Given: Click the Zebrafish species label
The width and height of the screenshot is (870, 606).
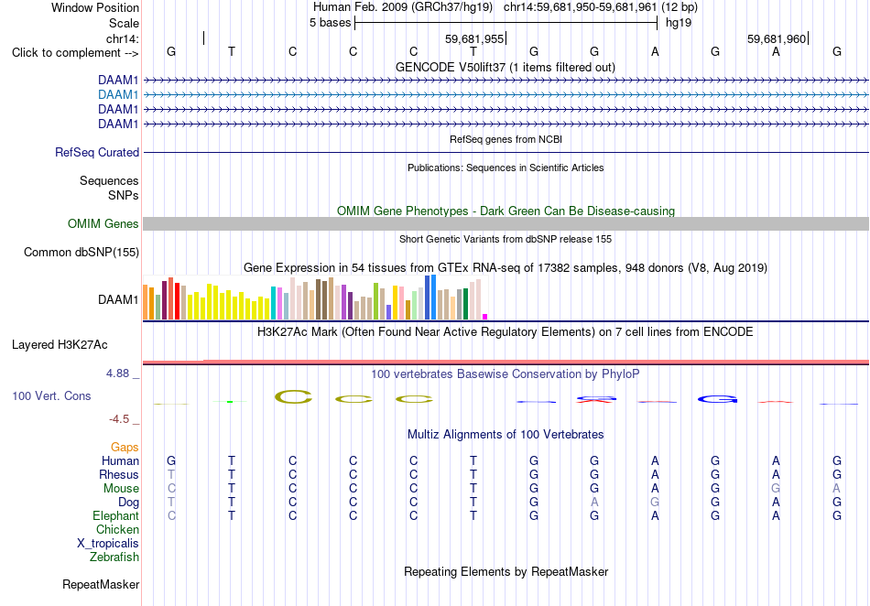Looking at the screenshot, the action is pyautogui.click(x=114, y=557).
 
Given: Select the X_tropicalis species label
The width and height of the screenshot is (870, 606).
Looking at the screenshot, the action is pyautogui.click(x=108, y=544).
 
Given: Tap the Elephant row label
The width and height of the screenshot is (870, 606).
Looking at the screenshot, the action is pyautogui.click(x=116, y=515).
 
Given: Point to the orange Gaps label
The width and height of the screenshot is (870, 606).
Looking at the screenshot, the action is pyautogui.click(x=125, y=447).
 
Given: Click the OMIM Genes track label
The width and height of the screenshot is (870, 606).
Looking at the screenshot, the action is pyautogui.click(x=103, y=223).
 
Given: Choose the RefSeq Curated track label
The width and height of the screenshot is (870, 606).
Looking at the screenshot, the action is pyautogui.click(x=97, y=152).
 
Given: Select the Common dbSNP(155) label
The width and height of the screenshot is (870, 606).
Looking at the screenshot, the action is pyautogui.click(x=82, y=253).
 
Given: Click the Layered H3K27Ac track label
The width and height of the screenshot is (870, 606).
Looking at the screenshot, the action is pyautogui.click(x=60, y=344).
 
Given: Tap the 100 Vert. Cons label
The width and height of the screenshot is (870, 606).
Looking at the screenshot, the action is pyautogui.click(x=51, y=395).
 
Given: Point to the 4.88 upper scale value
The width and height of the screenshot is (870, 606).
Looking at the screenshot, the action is pyautogui.click(x=117, y=373).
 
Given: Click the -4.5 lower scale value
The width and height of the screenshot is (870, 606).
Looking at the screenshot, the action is pyautogui.click(x=119, y=418).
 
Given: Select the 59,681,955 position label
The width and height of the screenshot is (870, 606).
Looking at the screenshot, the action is pyautogui.click(x=474, y=38).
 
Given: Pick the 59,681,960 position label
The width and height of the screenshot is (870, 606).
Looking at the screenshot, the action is pyautogui.click(x=777, y=38).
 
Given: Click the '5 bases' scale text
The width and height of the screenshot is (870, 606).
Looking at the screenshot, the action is pyautogui.click(x=330, y=23).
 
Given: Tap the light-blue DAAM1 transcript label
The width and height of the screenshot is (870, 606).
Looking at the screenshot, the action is pyautogui.click(x=118, y=95).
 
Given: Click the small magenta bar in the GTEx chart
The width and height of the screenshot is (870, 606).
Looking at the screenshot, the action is pyautogui.click(x=485, y=317).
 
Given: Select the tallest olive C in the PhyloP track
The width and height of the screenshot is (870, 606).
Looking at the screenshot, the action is pyautogui.click(x=294, y=396).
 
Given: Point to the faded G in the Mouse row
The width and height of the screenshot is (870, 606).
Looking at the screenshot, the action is pyautogui.click(x=776, y=489).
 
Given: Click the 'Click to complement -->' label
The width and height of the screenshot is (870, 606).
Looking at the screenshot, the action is pyautogui.click(x=75, y=53).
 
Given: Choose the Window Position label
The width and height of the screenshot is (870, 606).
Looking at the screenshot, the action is pyautogui.click(x=95, y=7).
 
